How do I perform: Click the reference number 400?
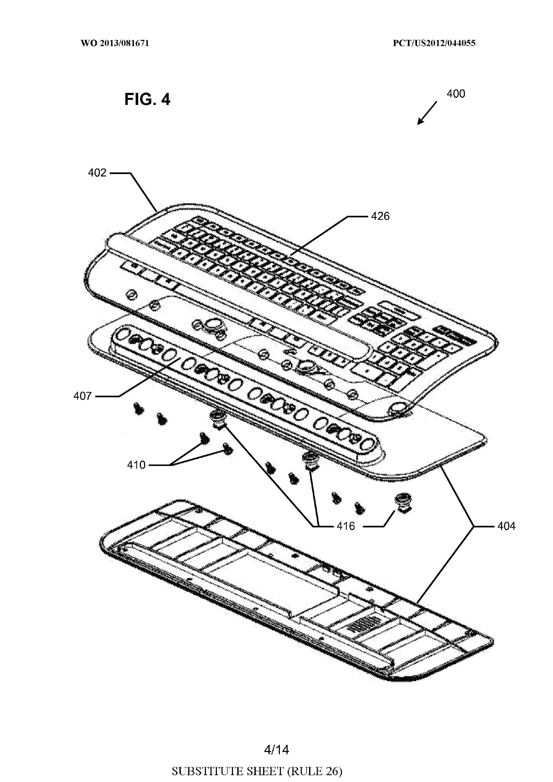(x=456, y=94)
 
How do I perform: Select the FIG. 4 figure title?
(x=147, y=99)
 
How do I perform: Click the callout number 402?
(x=97, y=173)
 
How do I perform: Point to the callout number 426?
(x=380, y=216)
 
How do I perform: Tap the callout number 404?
(x=506, y=526)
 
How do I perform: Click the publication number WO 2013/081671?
(x=115, y=43)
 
